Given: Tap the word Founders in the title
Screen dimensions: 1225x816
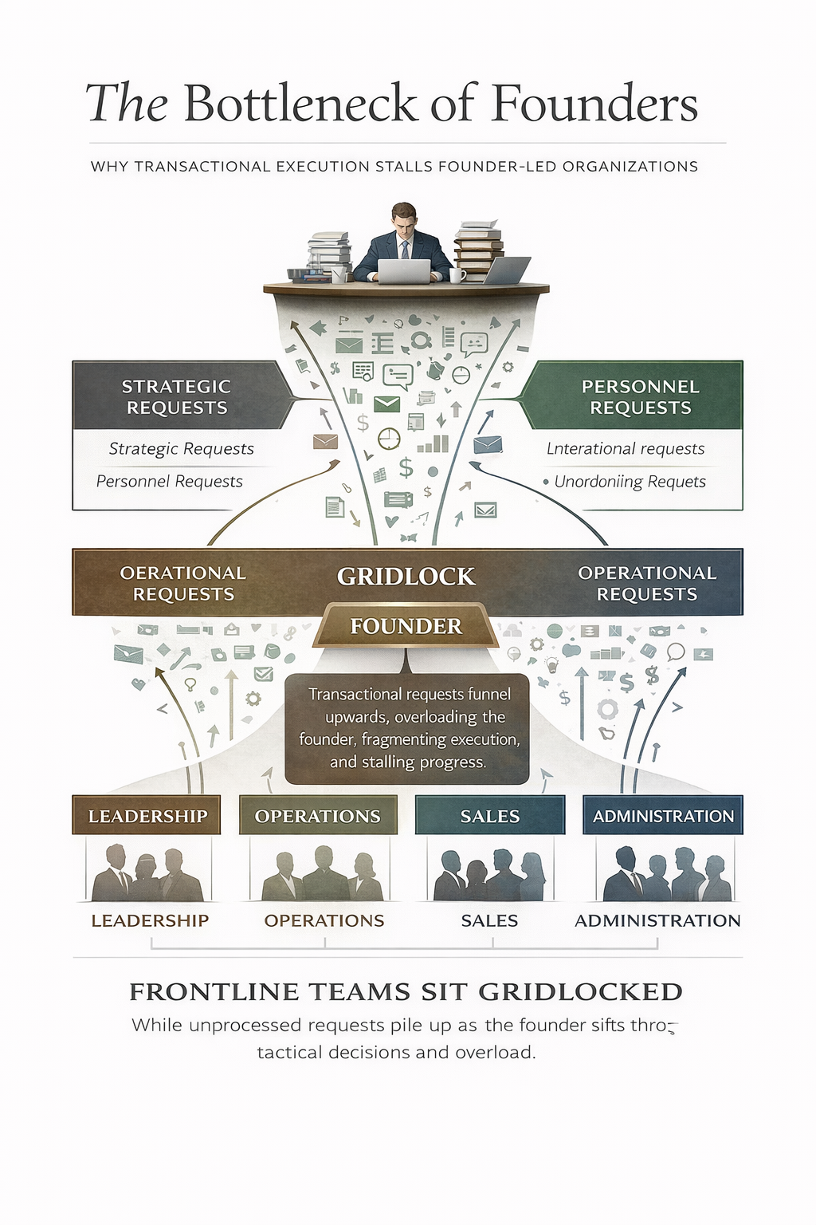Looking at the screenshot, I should [x=594, y=104].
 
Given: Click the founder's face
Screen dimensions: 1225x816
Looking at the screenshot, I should [x=405, y=220].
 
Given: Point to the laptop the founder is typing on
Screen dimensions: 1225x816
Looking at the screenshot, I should [x=403, y=271].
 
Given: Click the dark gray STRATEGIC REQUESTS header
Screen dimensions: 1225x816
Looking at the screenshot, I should [x=177, y=396].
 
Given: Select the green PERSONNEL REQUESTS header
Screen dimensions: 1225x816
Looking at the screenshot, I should [x=640, y=396].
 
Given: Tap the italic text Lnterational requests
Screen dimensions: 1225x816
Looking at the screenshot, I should [x=626, y=449].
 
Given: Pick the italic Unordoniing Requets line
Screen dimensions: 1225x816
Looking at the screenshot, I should [x=630, y=482].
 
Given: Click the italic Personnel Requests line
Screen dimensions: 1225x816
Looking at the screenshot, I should [x=169, y=482].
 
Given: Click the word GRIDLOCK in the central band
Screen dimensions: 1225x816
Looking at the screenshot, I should [x=406, y=576].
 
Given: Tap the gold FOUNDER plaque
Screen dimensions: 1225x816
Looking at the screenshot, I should [x=406, y=626].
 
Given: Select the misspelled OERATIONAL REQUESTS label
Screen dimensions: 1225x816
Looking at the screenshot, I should [x=183, y=583].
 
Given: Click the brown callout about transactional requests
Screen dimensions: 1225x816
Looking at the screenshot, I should [x=407, y=728].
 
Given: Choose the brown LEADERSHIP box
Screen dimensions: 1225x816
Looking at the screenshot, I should [x=147, y=816].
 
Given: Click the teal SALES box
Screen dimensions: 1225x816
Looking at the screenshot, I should [x=489, y=816].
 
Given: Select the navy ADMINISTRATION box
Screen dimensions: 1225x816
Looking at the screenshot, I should [x=662, y=816].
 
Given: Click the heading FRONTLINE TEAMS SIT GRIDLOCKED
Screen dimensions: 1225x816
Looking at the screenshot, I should [x=406, y=991].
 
